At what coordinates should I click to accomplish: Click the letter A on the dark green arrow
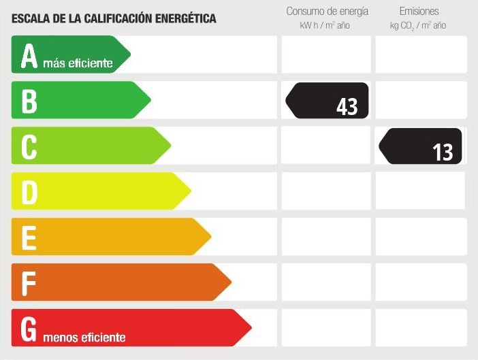click(x=29, y=56)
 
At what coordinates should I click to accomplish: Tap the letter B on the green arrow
click(x=29, y=101)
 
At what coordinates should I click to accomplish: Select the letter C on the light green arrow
click(x=29, y=146)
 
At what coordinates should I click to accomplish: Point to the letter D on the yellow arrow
click(x=29, y=192)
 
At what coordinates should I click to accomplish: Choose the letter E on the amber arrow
click(x=29, y=238)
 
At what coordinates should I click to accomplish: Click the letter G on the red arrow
click(x=29, y=328)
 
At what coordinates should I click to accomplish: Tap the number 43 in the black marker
click(x=347, y=106)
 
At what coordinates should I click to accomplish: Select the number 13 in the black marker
click(x=443, y=152)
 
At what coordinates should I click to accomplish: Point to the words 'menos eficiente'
click(x=84, y=337)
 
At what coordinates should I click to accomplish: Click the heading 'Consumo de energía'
click(x=327, y=12)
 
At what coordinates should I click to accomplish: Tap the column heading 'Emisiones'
click(x=418, y=12)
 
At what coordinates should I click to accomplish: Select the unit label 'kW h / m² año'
click(x=325, y=26)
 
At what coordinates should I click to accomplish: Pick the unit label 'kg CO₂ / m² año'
click(x=418, y=26)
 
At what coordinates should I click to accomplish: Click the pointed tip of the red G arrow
click(x=251, y=327)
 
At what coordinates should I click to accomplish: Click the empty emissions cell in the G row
click(x=421, y=327)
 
